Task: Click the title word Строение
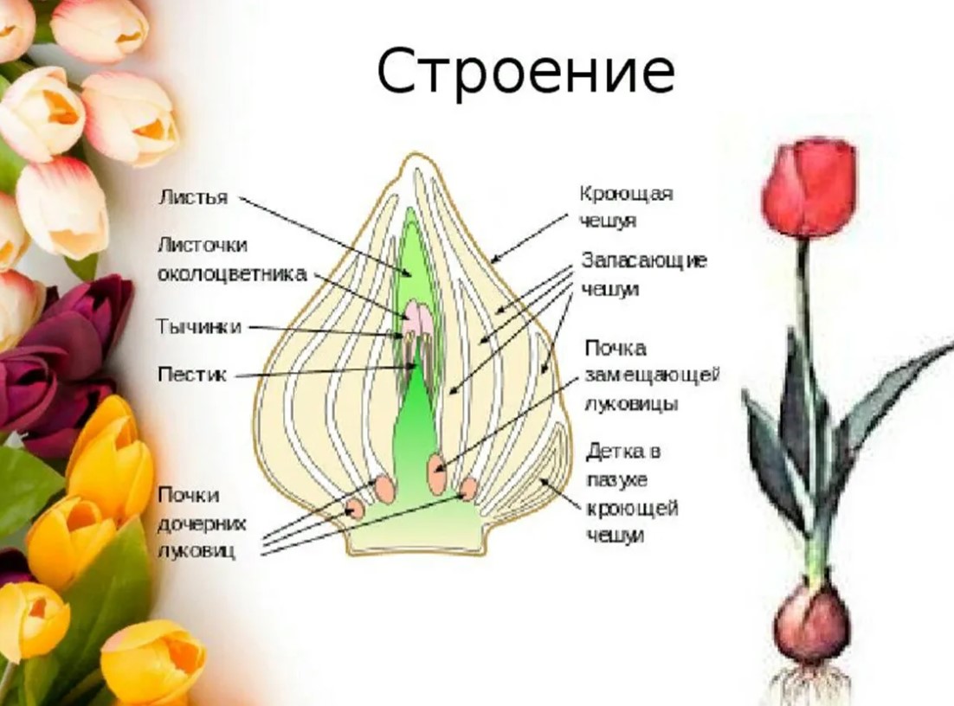point(525,73)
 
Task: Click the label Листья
point(192,197)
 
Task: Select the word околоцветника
point(231,274)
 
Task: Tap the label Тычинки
point(198,328)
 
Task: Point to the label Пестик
point(191,375)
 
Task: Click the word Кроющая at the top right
point(626,193)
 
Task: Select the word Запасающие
point(644,260)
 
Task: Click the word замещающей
point(652,375)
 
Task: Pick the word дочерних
point(202,523)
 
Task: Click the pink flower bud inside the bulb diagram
point(419,318)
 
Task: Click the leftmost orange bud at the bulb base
point(355,508)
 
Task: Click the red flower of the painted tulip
point(808,188)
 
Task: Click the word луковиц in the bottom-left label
point(197,551)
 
